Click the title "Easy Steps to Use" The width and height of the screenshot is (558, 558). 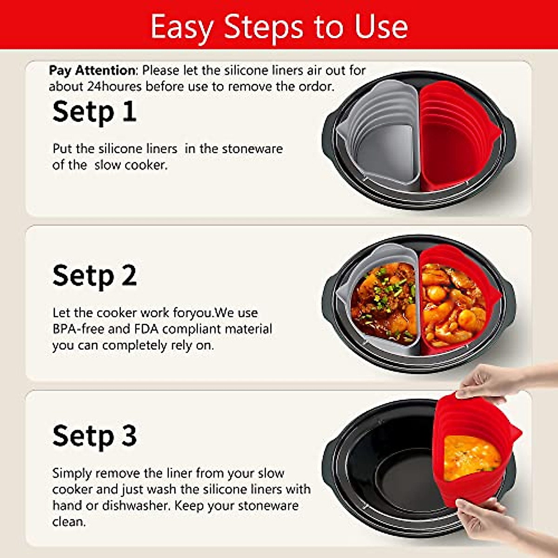coord(279,27)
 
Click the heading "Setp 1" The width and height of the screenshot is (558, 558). coord(94,112)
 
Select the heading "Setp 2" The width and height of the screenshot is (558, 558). coord(94,276)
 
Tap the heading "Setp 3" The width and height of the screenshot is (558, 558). coord(94,436)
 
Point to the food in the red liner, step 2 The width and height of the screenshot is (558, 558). coord(453,302)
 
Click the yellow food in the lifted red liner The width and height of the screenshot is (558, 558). coord(470,458)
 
